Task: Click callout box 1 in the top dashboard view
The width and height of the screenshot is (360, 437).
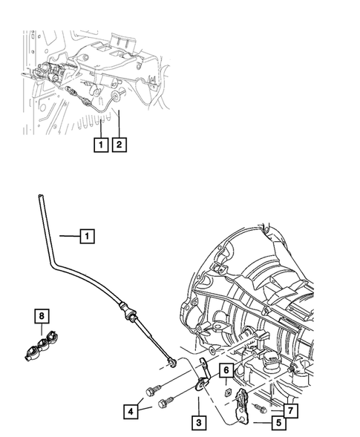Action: tap(99, 145)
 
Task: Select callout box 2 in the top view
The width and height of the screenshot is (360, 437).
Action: tap(118, 145)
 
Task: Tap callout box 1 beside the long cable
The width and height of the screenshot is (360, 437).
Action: tap(87, 237)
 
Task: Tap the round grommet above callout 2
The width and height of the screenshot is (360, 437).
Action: tap(118, 95)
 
